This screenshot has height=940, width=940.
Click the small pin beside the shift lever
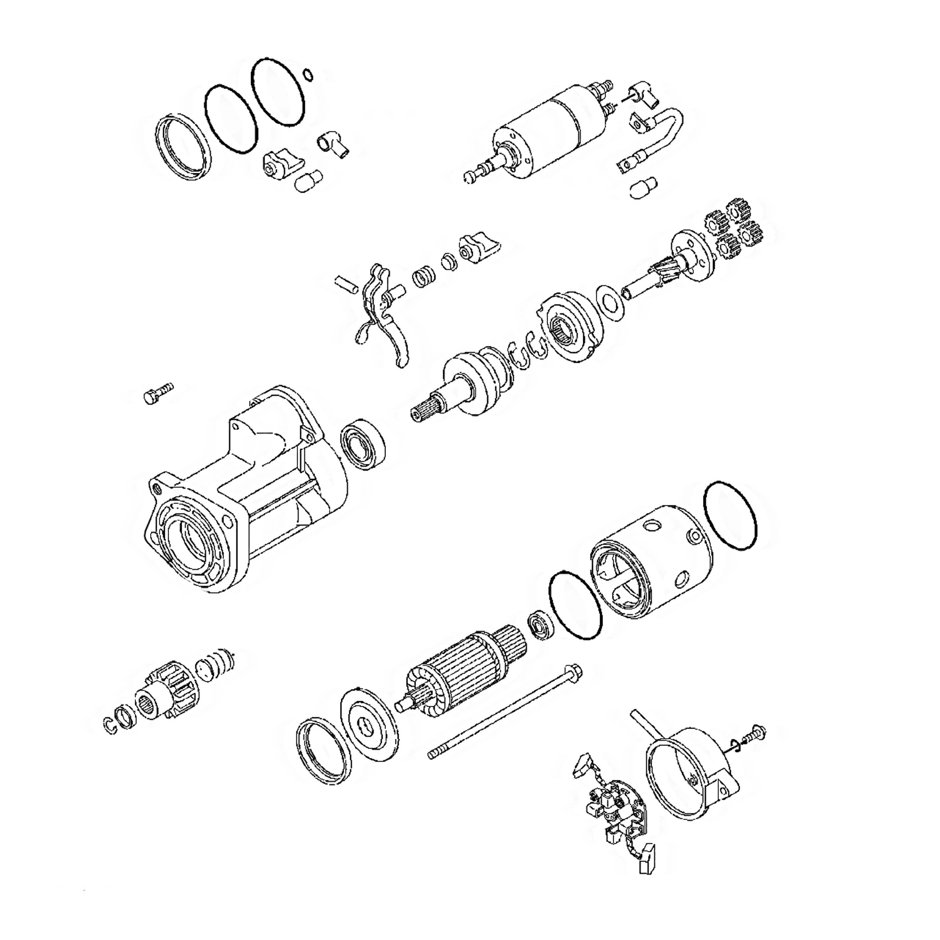pyautogui.click(x=346, y=285)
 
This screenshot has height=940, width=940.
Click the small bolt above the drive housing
pyautogui.click(x=157, y=392)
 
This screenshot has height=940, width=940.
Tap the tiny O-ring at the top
pyautogui.click(x=307, y=74)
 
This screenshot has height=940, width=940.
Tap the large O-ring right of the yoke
pyautogui.click(x=730, y=516)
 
